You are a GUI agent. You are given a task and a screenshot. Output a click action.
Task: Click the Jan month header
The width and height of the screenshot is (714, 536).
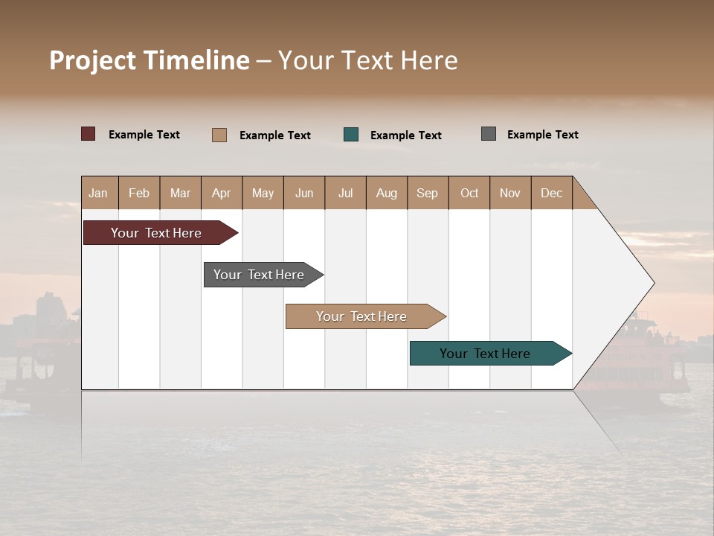coord(99,193)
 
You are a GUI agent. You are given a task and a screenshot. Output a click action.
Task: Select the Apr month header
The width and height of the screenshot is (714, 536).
coord(222,193)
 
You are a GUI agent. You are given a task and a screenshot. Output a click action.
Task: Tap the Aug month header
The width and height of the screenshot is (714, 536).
coord(386,193)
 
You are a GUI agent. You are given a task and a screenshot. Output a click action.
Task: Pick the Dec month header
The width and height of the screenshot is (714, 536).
coord(551,193)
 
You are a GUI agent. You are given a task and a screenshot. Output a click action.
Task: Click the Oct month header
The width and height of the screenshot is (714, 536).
coord(469,193)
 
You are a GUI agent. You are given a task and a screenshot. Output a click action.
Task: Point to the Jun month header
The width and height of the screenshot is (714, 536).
coord(303,193)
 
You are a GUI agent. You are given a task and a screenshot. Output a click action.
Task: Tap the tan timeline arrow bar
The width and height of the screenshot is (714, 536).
coord(362,316)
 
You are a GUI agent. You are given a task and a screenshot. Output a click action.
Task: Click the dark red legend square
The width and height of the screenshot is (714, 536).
coord(88,134)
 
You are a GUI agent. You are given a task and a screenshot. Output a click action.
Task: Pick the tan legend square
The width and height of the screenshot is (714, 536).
coord(219,135)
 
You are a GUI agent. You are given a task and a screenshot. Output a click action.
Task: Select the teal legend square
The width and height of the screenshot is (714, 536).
coord(351,135)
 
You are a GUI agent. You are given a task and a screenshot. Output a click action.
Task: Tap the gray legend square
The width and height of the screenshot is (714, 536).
coord(488,134)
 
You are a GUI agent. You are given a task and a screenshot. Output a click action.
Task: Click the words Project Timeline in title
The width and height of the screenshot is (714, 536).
coord(149,60)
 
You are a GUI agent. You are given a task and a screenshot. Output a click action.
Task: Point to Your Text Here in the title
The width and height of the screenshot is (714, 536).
coord(368,60)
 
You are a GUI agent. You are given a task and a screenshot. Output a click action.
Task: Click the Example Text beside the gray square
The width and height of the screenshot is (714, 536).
coord(542,135)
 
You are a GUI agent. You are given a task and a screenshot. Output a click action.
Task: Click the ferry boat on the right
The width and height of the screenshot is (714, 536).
coord(640,365)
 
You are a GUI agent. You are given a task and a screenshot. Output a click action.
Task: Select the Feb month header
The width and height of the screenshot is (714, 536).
coord(139,193)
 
